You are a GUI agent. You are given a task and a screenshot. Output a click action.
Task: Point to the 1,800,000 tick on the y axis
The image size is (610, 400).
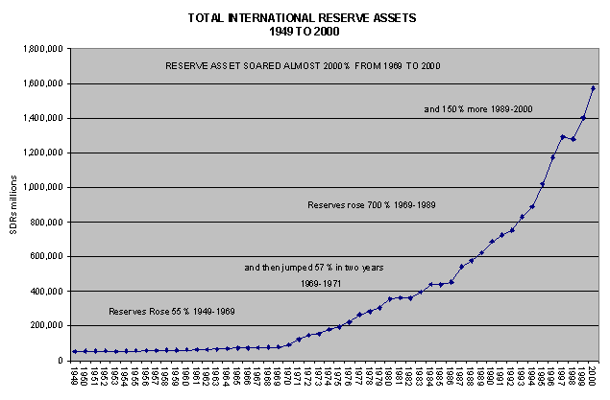(x=40, y=49)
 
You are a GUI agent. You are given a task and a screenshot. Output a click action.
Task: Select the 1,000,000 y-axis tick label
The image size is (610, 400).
(x=40, y=187)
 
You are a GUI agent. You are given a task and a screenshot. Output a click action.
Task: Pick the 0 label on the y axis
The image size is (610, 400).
(x=59, y=361)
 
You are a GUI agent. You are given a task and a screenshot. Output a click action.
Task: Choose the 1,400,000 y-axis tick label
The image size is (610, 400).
(x=40, y=118)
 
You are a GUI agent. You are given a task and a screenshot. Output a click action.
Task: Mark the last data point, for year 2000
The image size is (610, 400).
(x=593, y=88)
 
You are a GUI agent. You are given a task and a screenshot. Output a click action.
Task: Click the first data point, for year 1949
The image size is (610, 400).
(x=75, y=351)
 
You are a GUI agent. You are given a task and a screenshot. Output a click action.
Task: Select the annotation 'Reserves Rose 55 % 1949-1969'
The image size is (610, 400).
(x=171, y=312)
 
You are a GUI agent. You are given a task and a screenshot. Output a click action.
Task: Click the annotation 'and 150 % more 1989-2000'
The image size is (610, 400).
(x=478, y=109)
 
